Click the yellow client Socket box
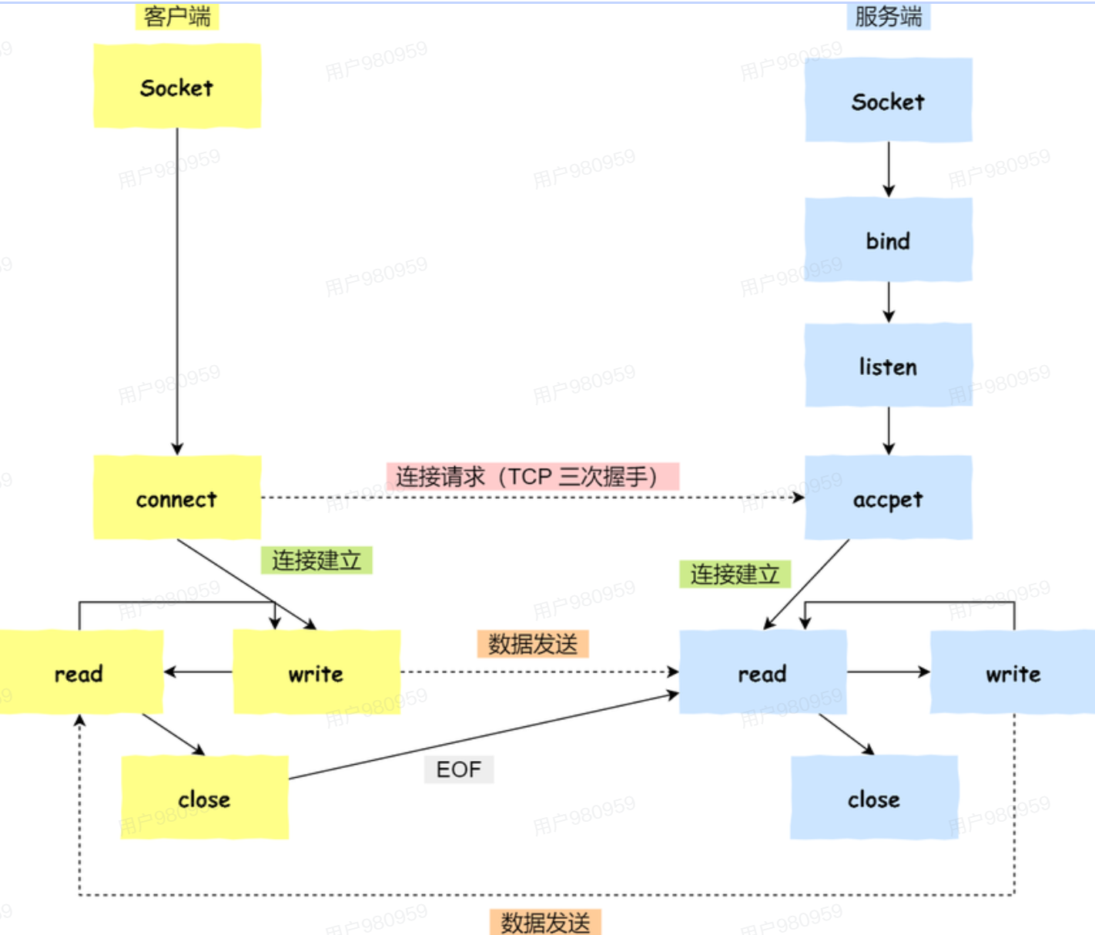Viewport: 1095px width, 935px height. [x=177, y=85]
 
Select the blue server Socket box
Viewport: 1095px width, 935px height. [x=889, y=100]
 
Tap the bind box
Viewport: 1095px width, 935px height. [x=889, y=240]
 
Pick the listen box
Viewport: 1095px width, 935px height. [x=889, y=365]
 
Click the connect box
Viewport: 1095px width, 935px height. [x=177, y=498]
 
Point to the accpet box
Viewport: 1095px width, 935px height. [x=889, y=498]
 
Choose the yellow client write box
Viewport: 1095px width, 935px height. [x=316, y=672]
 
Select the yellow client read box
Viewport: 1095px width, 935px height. [x=81, y=672]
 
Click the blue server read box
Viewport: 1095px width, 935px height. [x=763, y=672]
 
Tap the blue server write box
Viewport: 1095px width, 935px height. [x=1013, y=672]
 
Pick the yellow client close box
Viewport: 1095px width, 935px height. [x=205, y=797]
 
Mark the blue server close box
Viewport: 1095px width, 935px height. [x=874, y=797]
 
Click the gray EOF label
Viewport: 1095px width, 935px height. [x=459, y=769]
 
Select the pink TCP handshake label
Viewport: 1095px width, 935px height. [x=532, y=476]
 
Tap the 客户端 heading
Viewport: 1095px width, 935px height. [x=177, y=16]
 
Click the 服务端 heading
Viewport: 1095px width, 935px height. [x=889, y=16]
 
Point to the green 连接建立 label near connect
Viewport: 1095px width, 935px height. [x=316, y=560]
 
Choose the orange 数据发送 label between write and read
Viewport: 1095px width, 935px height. [x=532, y=644]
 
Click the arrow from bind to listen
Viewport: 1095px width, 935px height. [x=889, y=302]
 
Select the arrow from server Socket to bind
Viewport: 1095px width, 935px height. [x=889, y=169]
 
